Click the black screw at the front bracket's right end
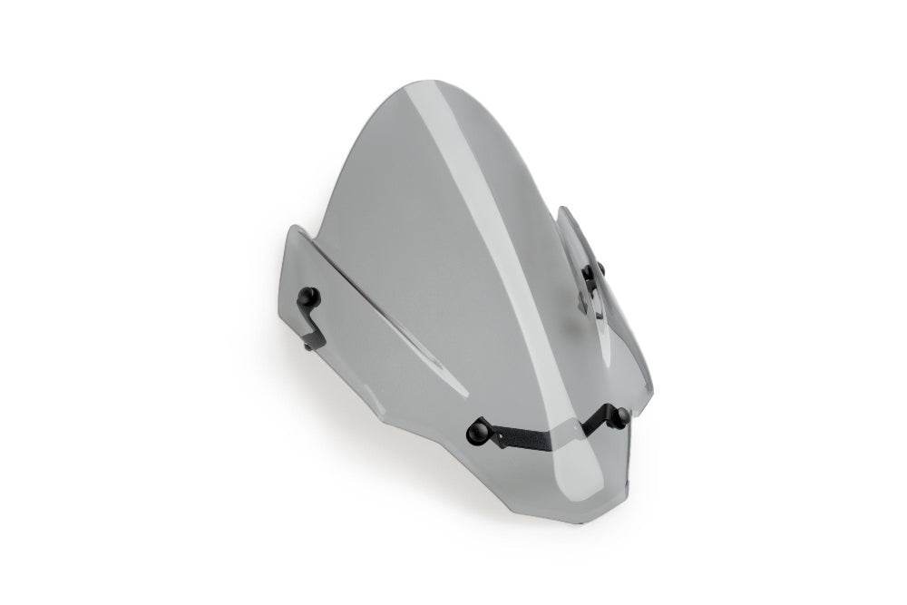620,417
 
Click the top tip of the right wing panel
562,210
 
